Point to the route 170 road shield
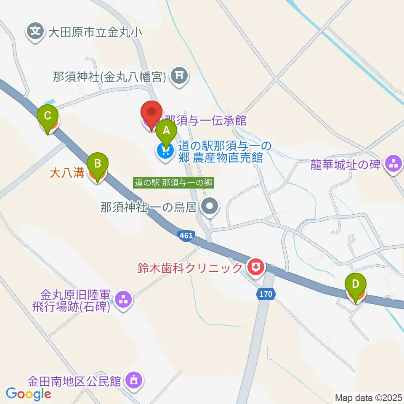click(266, 294)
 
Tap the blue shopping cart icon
click(164, 151)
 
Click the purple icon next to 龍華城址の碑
click(394, 164)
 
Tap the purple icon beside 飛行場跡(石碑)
click(123, 300)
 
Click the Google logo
click(28, 394)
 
